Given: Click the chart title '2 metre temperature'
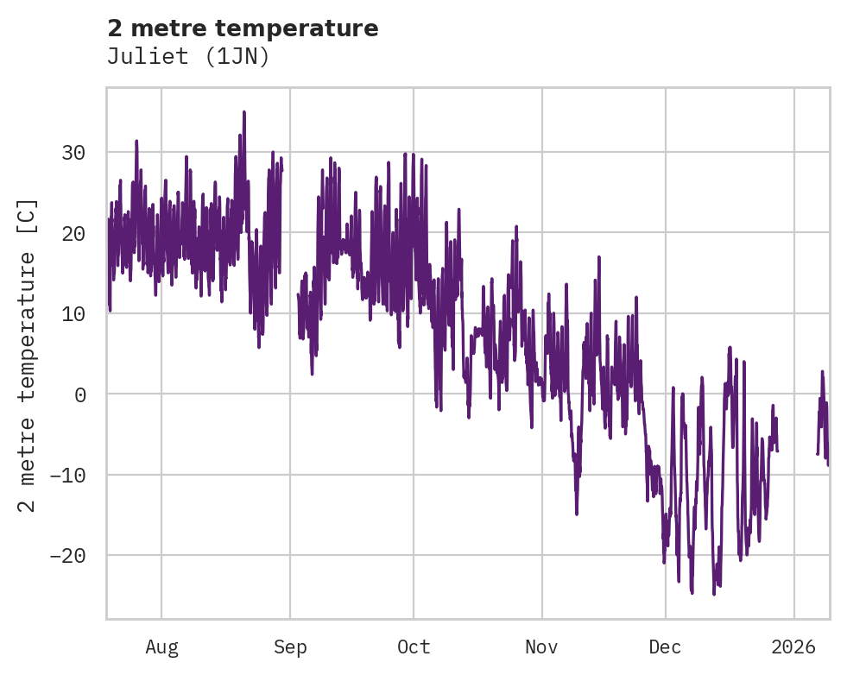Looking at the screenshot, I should click(243, 28).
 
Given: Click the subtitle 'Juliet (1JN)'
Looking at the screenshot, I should click(188, 57).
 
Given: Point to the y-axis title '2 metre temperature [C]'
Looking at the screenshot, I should click(28, 355).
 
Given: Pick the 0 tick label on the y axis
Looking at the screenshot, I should click(79, 394).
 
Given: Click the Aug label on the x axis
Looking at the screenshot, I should click(161, 647).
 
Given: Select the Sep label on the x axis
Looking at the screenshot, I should click(290, 647).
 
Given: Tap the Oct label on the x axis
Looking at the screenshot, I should click(414, 647).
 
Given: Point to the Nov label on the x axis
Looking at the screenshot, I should click(542, 647).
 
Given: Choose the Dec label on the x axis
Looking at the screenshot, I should click(666, 647).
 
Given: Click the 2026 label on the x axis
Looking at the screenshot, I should click(794, 647).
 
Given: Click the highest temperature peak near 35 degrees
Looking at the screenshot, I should click(244, 113).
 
